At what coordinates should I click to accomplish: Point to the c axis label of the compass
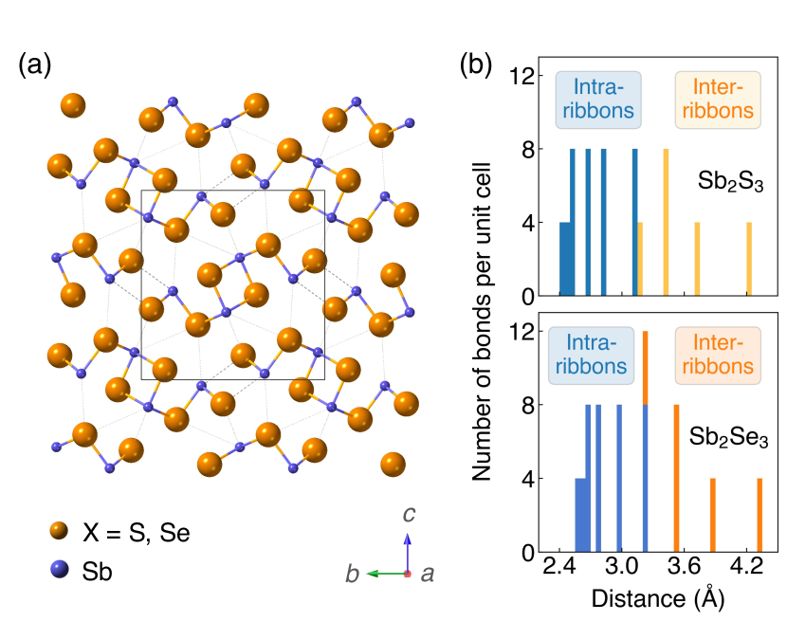point(408,516)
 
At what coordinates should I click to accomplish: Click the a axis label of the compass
point(427,575)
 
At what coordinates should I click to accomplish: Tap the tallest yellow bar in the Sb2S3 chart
point(666,223)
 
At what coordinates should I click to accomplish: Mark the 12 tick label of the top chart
point(517,76)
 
